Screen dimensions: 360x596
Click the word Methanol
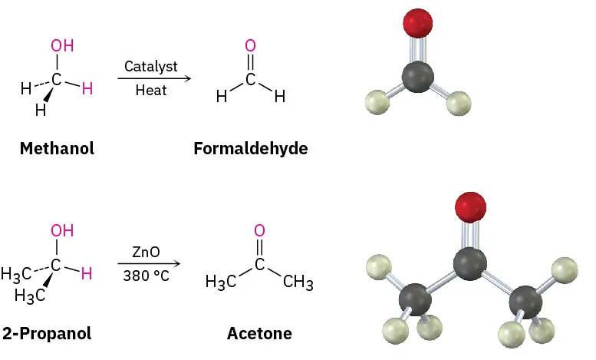pos(57,148)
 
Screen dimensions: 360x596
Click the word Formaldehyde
pos(250,148)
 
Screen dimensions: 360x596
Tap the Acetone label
pos(259,333)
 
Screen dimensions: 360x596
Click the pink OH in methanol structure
pos(62,45)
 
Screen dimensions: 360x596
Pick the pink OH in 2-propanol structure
pos(62,230)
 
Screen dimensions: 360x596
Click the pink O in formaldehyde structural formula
pos(250,46)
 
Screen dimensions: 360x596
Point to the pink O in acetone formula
pos(259,230)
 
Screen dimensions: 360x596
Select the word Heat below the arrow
pos(151,90)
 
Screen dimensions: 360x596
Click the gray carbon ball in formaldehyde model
pos(418,78)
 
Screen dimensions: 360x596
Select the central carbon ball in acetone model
pos(469,263)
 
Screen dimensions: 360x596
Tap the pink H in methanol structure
pos(87,89)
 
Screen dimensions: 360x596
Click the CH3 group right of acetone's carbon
pos(298,283)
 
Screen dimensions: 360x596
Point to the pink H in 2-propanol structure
pos(87,273)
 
